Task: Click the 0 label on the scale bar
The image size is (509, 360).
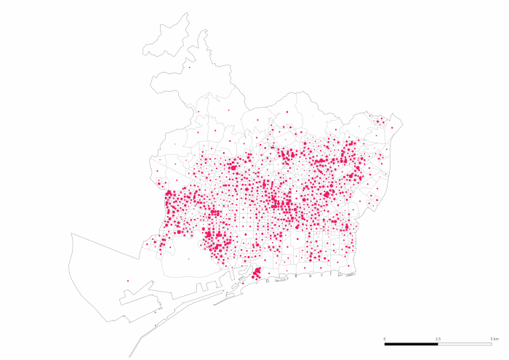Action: click(x=385, y=339)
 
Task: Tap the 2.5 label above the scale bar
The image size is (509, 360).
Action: click(x=438, y=339)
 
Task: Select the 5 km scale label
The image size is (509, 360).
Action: click(x=494, y=339)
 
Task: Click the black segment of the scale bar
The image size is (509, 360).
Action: click(x=411, y=343)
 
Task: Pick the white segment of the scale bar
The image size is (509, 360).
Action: click(x=465, y=343)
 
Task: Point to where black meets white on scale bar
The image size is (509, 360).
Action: click(x=438, y=343)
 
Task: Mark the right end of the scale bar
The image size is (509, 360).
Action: click(x=492, y=343)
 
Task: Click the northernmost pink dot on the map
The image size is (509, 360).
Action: click(x=190, y=68)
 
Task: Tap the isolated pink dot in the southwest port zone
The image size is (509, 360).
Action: click(x=128, y=281)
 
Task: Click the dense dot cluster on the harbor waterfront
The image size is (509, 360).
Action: click(x=257, y=273)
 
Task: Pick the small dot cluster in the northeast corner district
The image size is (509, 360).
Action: click(x=380, y=121)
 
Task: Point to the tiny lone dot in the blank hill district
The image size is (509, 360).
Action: click(x=228, y=111)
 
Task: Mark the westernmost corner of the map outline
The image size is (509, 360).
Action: click(x=71, y=233)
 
